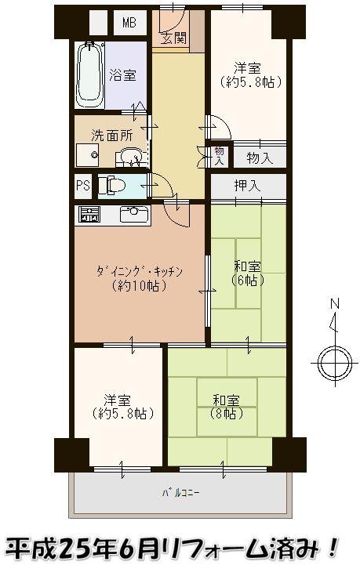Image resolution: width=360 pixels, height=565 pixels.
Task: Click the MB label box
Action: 129,23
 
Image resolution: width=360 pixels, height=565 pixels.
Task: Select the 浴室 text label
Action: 124,76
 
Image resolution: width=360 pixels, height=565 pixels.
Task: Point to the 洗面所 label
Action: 103,134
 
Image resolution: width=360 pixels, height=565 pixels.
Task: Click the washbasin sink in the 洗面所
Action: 129,158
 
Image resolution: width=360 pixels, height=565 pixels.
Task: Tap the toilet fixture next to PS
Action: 113,187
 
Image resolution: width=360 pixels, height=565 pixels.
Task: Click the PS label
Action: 82,187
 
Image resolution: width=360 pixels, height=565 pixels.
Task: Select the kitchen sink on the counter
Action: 133,213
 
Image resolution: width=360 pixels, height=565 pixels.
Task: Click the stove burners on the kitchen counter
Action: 88,214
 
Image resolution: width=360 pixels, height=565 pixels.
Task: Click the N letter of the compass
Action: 333,304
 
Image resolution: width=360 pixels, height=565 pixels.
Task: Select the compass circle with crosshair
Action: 332,361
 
